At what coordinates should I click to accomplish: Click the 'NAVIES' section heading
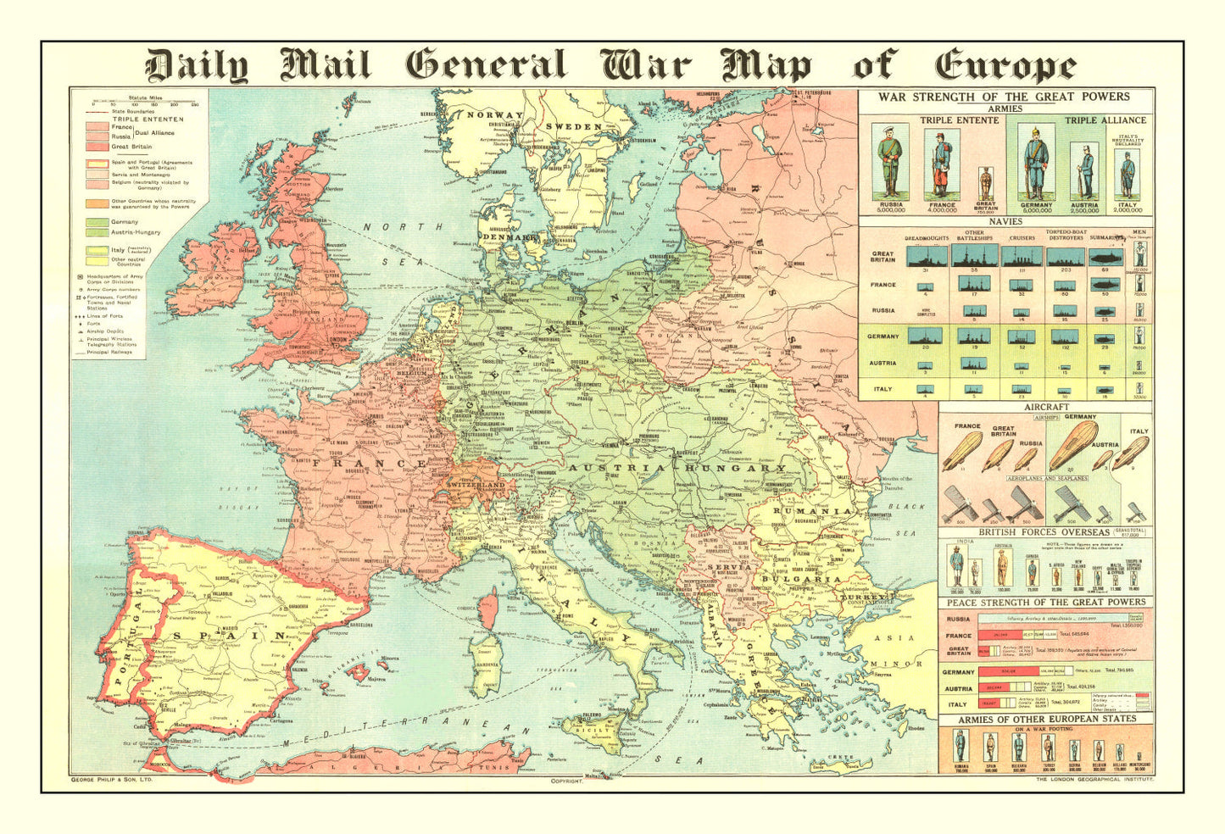1005,221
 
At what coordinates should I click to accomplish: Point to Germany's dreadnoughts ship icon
925,336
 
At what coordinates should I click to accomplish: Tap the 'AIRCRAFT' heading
1046,408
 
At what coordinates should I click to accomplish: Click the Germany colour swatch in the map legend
97,222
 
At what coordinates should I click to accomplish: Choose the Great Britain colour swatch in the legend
97,147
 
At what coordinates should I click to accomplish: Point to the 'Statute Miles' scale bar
146,103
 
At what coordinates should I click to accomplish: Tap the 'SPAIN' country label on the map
230,634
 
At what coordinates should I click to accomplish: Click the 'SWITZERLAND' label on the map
482,485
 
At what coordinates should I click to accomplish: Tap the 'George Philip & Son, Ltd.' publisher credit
110,777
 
